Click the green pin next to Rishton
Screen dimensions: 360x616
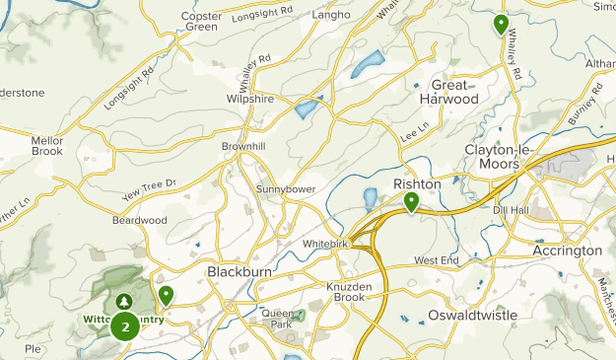click(x=411, y=202)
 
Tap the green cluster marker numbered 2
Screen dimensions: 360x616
click(x=124, y=325)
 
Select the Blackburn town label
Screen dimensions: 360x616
click(x=238, y=271)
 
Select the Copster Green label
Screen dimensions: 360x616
click(x=201, y=21)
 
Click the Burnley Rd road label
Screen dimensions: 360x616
click(x=584, y=108)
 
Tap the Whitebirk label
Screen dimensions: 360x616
click(x=321, y=243)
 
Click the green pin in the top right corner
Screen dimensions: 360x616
click(x=501, y=24)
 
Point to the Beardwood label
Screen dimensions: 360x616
click(x=140, y=220)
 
